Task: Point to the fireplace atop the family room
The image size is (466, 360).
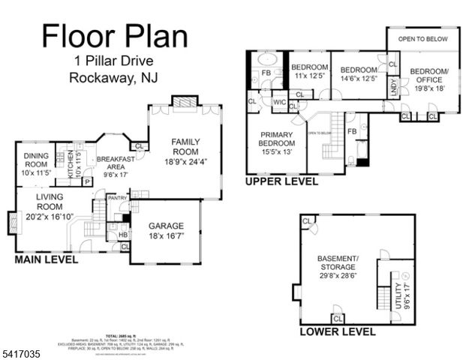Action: coord(185,102)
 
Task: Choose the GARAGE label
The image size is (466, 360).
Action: coord(166,229)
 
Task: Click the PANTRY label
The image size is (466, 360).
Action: coord(117,198)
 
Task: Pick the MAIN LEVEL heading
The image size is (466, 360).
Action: coord(47,259)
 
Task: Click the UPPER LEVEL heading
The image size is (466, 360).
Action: coord(282,181)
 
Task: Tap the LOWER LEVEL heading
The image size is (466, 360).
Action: coord(337,331)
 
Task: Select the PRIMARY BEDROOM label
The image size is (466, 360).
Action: coord(277,147)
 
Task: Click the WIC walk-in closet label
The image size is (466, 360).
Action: coord(280,102)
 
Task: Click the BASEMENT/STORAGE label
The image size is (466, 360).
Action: coord(338,266)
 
